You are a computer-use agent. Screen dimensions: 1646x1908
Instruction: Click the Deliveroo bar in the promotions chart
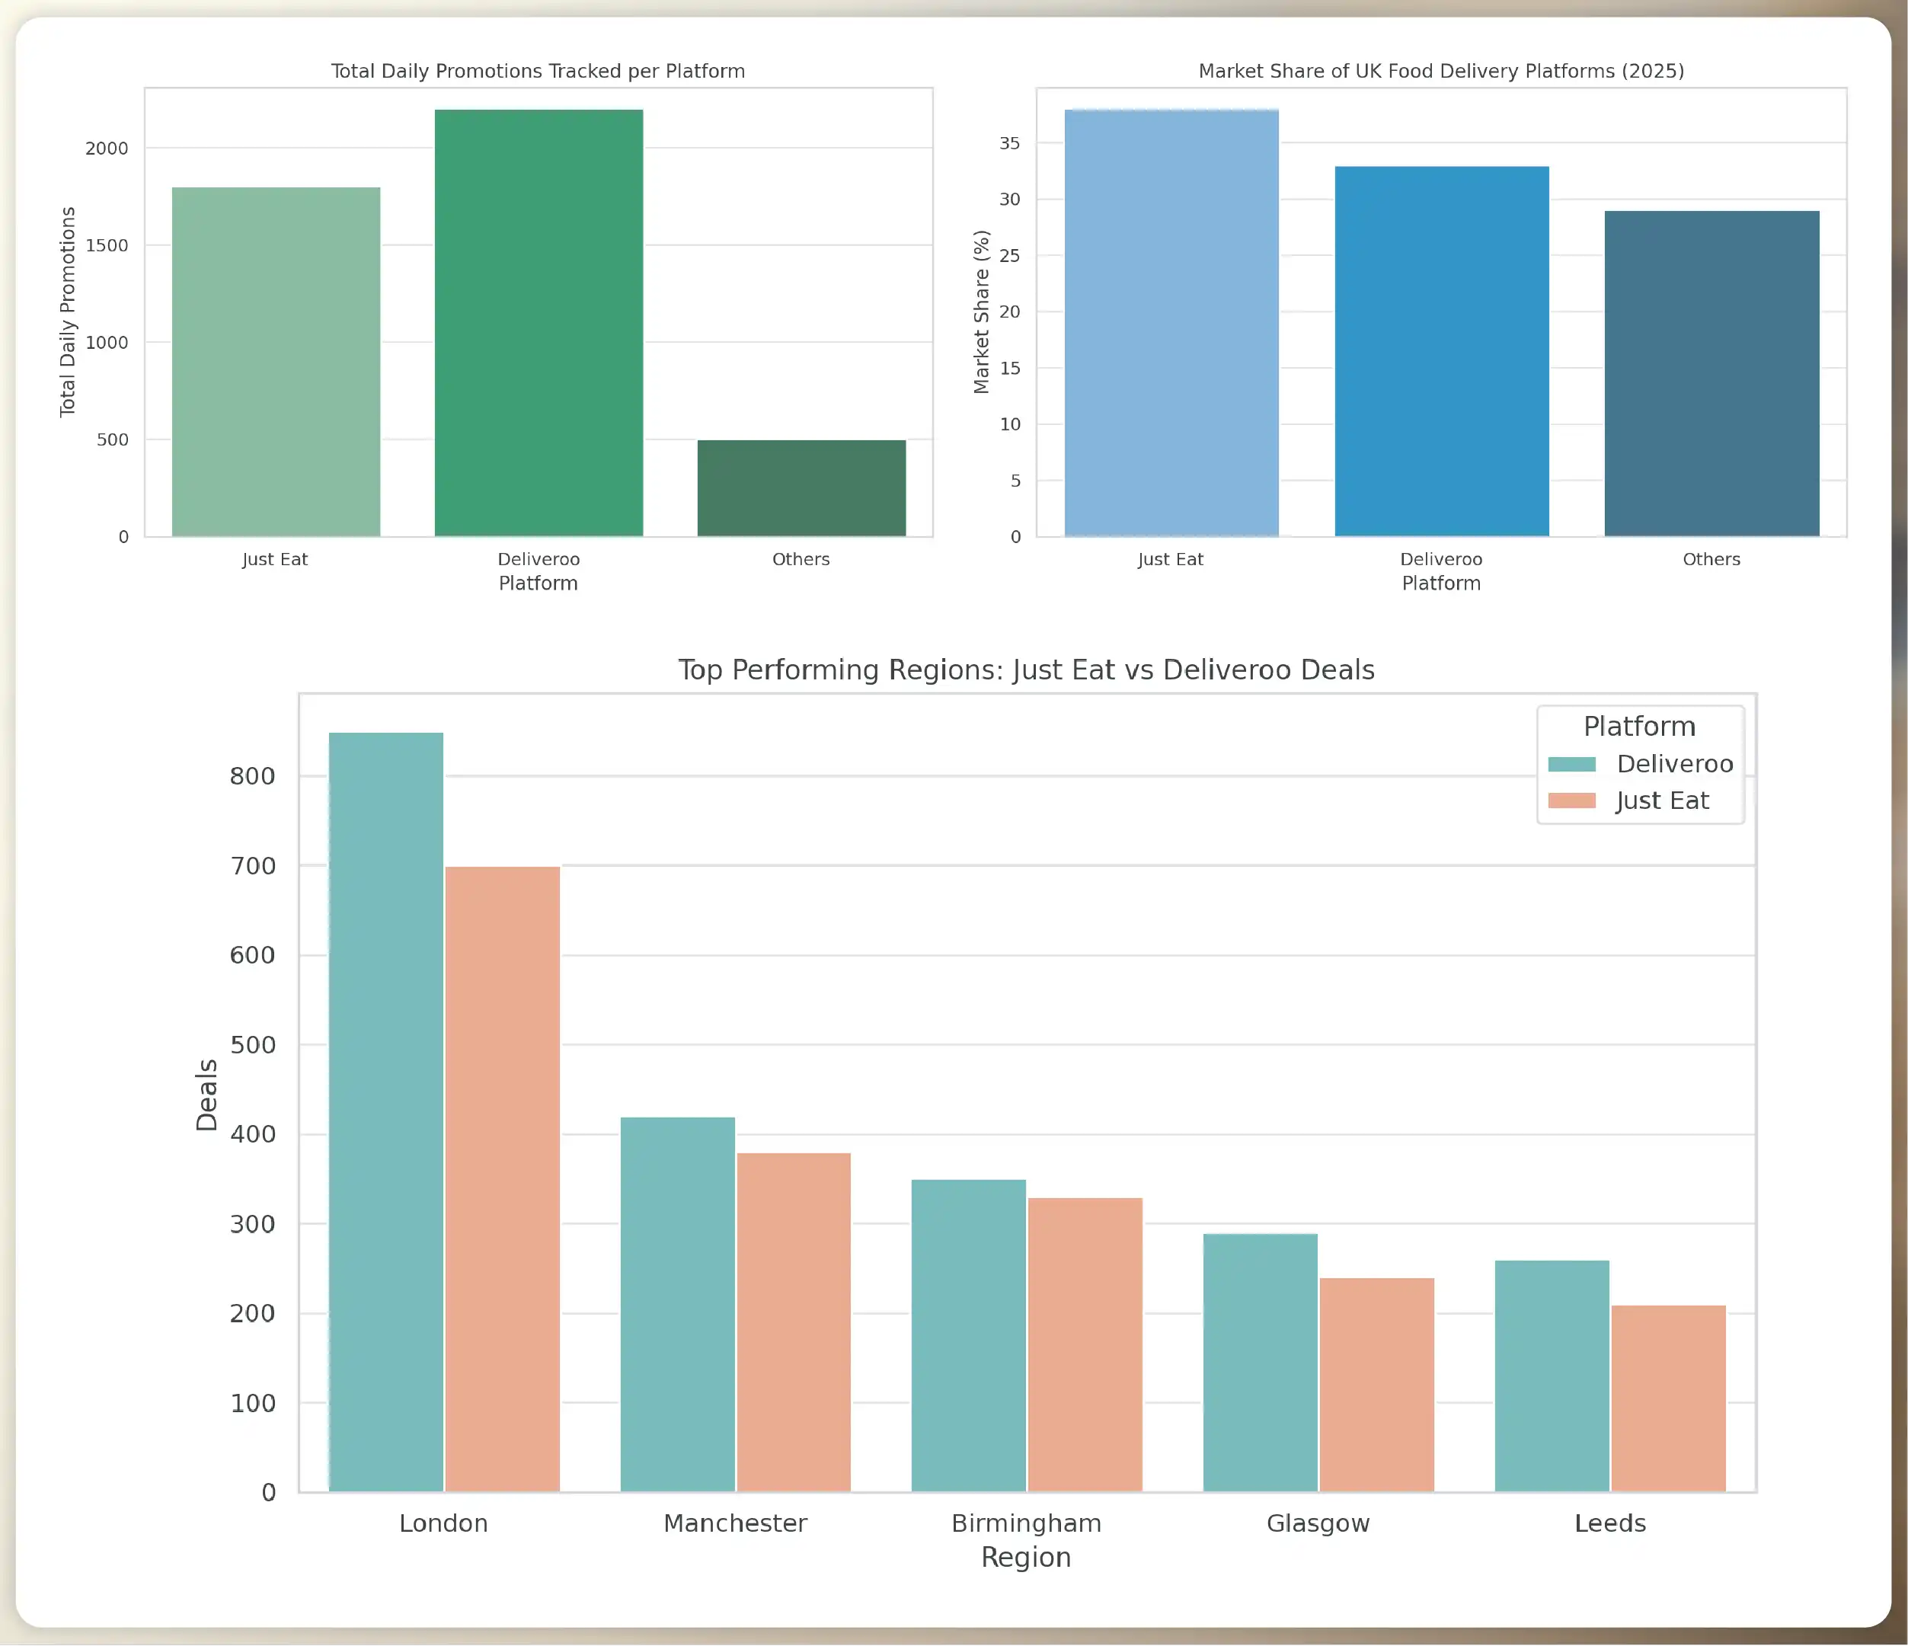pos(539,322)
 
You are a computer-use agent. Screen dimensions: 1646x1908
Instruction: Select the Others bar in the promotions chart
pos(801,488)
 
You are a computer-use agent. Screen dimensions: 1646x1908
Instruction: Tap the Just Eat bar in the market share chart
pos(1171,322)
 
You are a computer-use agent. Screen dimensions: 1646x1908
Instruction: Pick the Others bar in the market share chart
pos(1711,373)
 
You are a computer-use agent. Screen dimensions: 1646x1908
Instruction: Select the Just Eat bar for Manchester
pos(794,1322)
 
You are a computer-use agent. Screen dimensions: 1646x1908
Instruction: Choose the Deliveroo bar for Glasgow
pos(1260,1363)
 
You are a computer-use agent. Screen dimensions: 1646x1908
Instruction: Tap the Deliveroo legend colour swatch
pos(1572,764)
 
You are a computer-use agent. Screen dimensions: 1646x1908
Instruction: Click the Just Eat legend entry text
pos(1662,801)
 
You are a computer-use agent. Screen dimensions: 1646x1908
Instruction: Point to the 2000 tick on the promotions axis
pos(107,149)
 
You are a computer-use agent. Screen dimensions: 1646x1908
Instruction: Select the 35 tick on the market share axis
pos(1010,142)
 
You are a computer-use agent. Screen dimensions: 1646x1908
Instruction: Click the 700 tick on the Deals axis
pos(252,866)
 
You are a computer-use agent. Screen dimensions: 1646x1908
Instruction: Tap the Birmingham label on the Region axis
pos(1026,1523)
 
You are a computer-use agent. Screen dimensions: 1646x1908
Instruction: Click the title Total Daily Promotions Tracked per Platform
pos(538,71)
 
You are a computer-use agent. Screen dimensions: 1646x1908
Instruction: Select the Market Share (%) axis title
pos(982,312)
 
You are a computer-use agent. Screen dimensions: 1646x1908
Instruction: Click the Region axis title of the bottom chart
pos(1026,1557)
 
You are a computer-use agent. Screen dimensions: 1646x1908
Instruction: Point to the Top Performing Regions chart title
pos(1026,670)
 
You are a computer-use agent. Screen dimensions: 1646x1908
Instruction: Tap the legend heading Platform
pos(1639,726)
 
